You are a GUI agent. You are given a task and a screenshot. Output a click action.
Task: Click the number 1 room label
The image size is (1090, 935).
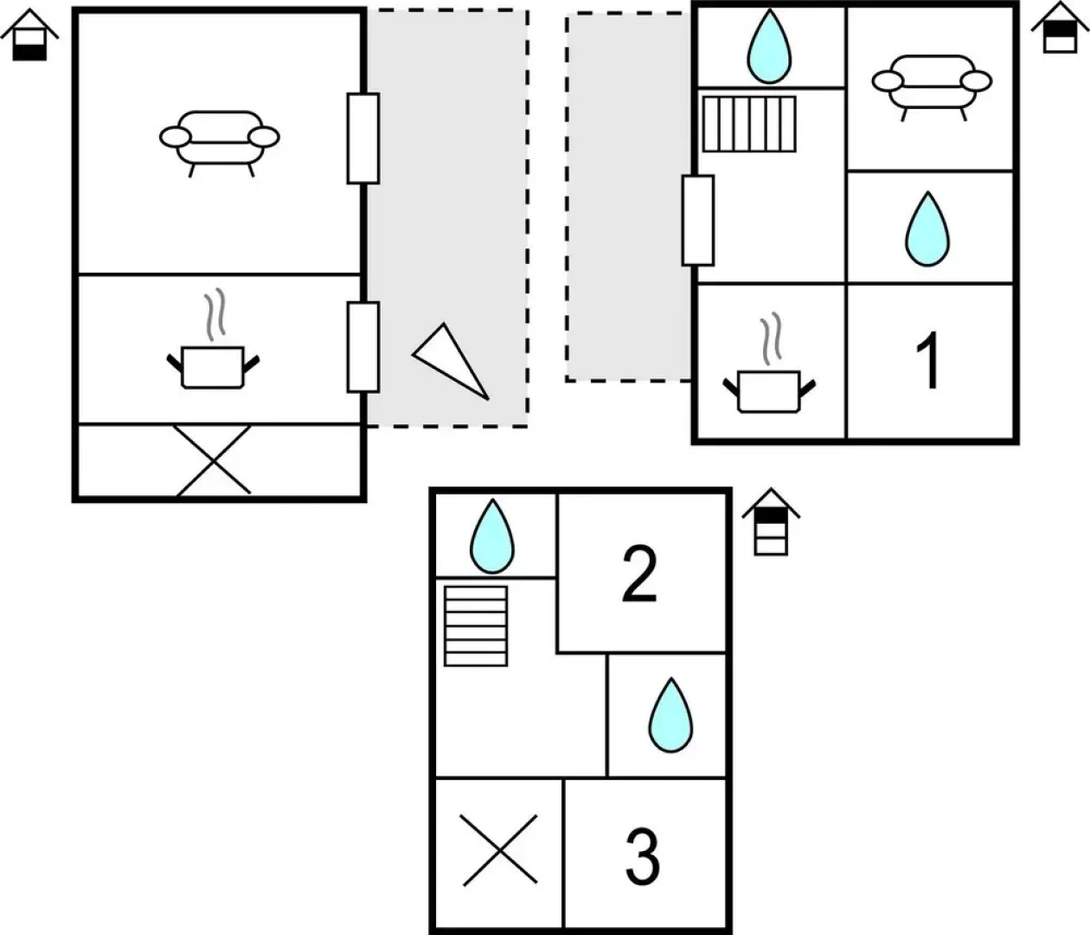(x=928, y=362)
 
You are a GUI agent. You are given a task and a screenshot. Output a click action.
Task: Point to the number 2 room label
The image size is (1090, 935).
(x=640, y=574)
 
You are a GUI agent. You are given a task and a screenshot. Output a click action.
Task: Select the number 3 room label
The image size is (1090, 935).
(x=642, y=856)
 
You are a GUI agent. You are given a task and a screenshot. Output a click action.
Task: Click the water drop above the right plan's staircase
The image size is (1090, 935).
(x=769, y=47)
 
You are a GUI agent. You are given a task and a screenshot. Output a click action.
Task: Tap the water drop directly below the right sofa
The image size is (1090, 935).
(x=926, y=229)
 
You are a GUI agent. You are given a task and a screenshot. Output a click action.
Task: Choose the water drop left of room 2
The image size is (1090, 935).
(x=491, y=536)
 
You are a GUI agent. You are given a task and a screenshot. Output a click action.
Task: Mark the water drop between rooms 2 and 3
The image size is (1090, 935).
(x=671, y=715)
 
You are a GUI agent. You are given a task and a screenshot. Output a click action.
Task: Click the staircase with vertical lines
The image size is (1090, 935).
(x=749, y=124)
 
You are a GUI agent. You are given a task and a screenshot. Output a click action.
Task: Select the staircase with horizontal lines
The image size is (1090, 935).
(x=476, y=626)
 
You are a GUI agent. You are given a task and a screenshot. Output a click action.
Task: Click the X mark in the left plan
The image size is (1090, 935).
(x=214, y=461)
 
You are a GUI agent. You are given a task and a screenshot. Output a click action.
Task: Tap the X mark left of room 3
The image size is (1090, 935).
(x=499, y=849)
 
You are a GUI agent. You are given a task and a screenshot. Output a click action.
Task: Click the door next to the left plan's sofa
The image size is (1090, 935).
(x=363, y=139)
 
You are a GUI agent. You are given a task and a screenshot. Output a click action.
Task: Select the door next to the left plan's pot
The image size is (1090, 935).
(x=363, y=346)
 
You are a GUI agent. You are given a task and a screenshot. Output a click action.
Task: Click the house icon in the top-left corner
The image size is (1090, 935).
(x=29, y=35)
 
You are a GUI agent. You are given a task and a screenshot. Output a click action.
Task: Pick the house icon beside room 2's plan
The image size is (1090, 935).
(x=771, y=521)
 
